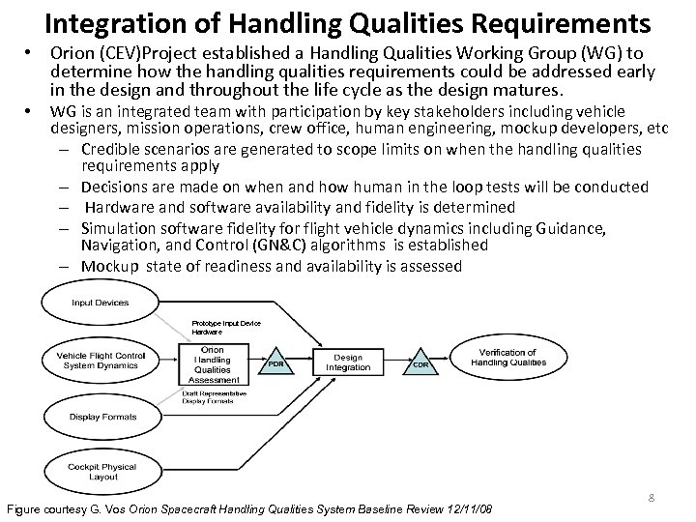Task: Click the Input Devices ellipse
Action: [100, 303]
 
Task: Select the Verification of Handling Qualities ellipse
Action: [508, 358]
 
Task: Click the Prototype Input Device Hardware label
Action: [226, 326]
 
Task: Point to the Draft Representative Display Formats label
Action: [214, 397]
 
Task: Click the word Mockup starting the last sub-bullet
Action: [108, 266]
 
